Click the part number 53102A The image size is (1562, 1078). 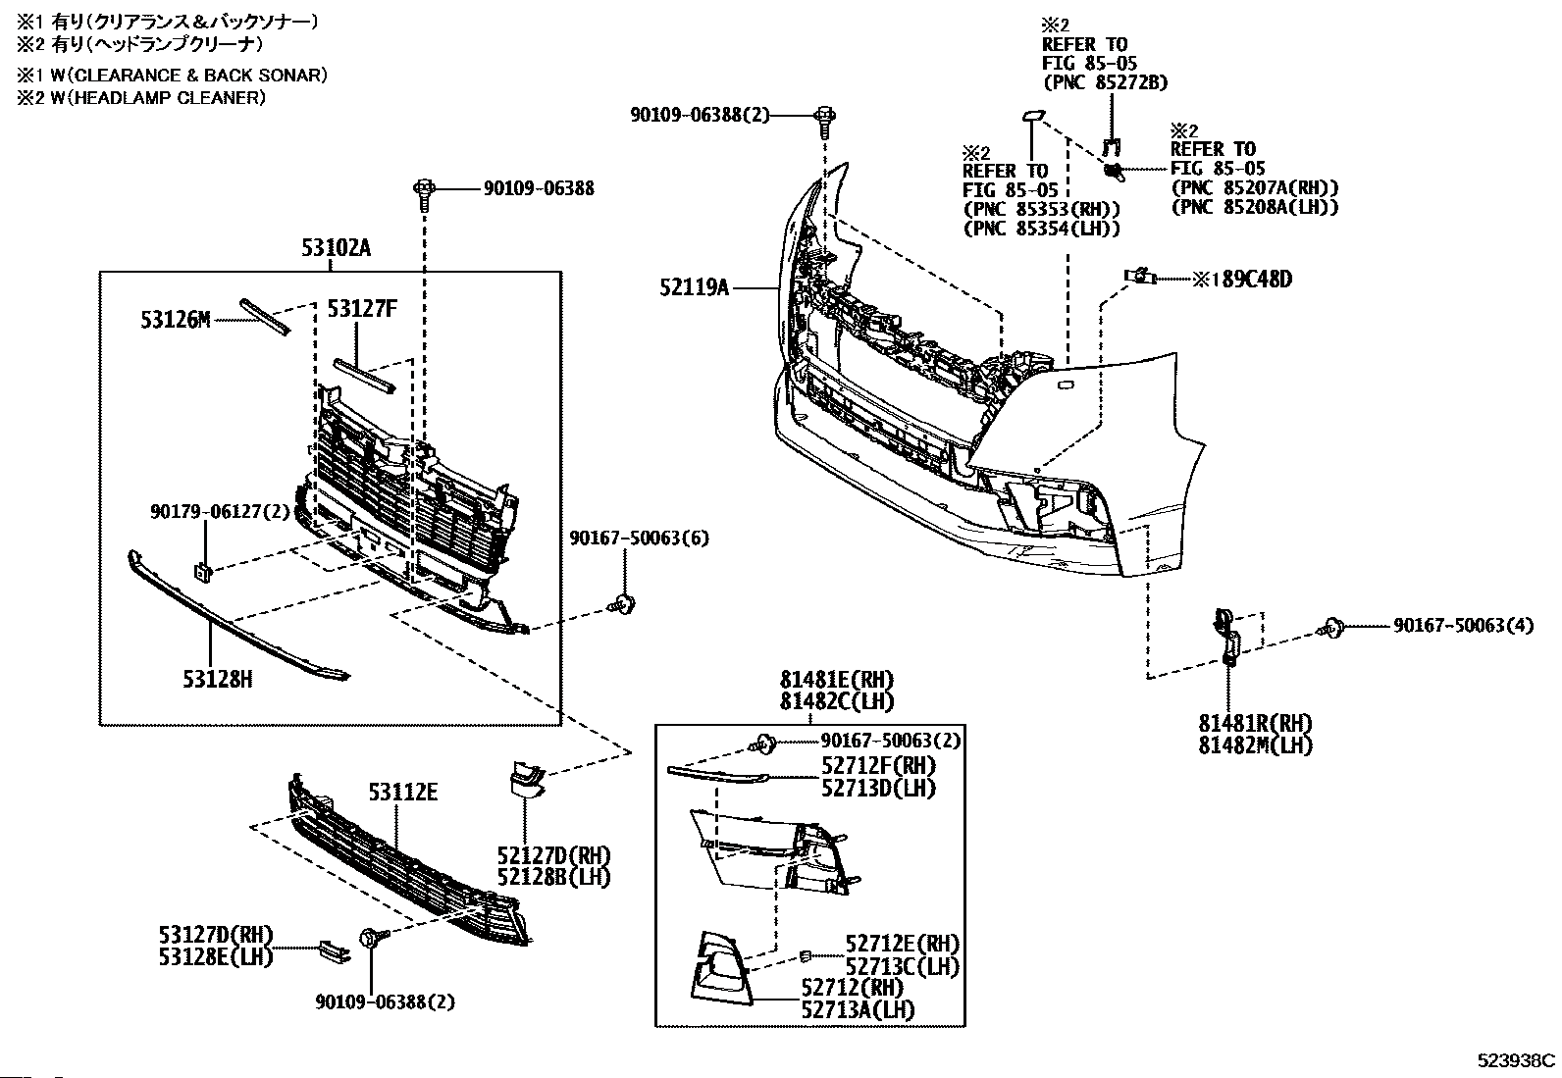[336, 249]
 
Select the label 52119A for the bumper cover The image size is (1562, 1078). [696, 287]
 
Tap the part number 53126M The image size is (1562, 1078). [175, 320]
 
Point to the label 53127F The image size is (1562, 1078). [362, 309]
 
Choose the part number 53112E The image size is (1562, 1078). [403, 792]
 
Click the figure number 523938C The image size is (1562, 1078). [1517, 1059]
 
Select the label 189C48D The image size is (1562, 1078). [1249, 280]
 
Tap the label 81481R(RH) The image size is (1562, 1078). [1255, 723]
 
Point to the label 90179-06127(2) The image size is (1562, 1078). [220, 511]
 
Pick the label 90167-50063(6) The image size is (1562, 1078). [639, 538]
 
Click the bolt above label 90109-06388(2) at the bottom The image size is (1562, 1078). [373, 939]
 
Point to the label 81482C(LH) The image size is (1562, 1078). [837, 701]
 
